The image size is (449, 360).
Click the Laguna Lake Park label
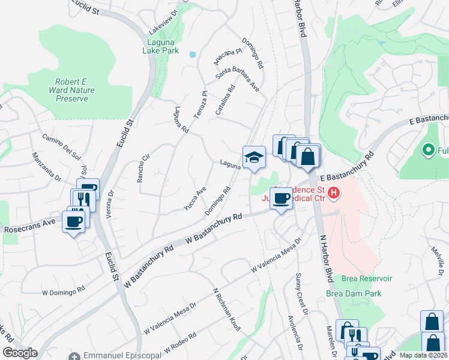coord(161,46)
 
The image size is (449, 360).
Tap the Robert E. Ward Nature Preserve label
coord(80,90)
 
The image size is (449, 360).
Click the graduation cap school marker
coord(254,158)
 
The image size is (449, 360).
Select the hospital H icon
coord(335,193)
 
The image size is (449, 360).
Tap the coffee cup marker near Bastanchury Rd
coord(280,198)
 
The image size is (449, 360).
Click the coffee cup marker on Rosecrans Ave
coord(73,221)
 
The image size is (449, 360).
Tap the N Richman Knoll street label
coord(228,309)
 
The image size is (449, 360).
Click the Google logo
coord(19,353)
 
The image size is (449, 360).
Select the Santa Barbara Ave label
coord(238,79)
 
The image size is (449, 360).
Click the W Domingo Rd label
coord(64,290)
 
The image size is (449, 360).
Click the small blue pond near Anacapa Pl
coord(192,54)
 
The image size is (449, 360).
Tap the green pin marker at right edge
coord(429,149)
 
